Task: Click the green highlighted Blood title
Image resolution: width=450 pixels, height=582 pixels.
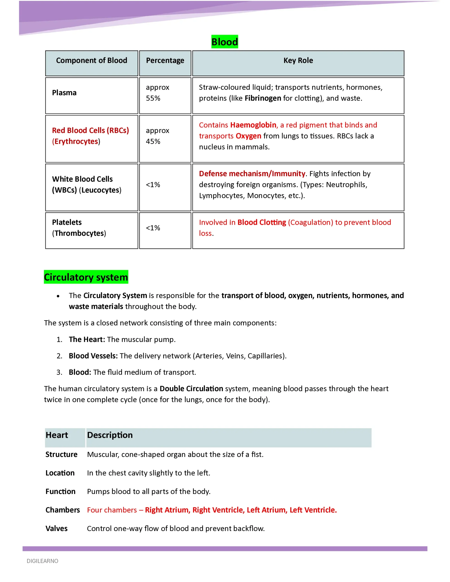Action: [224, 42]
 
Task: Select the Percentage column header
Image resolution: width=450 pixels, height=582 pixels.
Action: [165, 60]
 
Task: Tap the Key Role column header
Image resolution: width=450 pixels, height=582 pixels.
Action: [298, 60]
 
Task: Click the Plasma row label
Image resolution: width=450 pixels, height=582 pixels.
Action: [64, 93]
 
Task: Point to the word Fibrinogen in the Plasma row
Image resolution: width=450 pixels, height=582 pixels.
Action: [263, 98]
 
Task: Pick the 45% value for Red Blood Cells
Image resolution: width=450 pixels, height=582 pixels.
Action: [153, 141]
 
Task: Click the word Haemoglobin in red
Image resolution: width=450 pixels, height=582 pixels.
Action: [253, 125]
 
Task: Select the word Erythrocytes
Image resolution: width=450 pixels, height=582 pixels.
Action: [76, 141]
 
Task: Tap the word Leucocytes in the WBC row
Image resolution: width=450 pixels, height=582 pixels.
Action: [100, 190]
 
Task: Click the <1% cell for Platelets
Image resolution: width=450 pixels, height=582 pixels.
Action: [153, 228]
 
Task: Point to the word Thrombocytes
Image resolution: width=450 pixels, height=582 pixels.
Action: [79, 233]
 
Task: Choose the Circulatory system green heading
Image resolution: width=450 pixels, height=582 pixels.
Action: [86, 277]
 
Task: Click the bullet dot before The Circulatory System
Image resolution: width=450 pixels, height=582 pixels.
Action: [58, 296]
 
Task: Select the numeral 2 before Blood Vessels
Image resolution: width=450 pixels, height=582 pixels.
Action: [59, 356]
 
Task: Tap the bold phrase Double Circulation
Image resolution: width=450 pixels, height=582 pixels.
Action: [191, 389]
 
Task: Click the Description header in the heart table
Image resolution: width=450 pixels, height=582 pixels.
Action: [110, 435]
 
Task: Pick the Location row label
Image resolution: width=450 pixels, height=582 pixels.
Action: [60, 473]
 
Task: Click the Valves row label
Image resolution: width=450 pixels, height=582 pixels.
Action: [57, 529]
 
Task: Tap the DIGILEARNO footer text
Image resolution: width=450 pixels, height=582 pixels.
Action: [42, 561]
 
